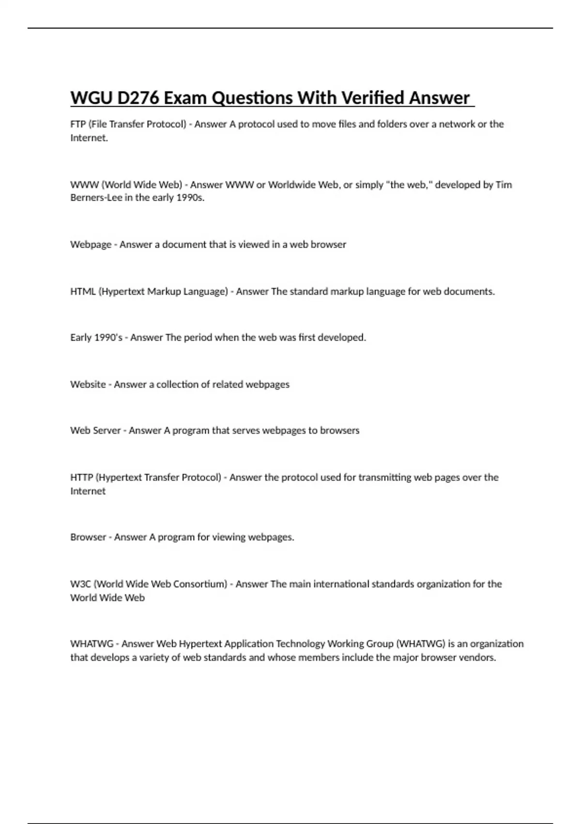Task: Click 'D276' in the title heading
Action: (x=138, y=98)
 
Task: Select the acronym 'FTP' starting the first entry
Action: (x=78, y=124)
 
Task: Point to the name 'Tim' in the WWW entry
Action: (x=504, y=185)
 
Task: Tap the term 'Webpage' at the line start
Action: (x=91, y=245)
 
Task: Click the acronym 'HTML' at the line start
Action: (x=83, y=292)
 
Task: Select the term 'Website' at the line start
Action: (x=88, y=384)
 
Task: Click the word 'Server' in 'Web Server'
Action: (x=107, y=430)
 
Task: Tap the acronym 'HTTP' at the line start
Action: (x=81, y=477)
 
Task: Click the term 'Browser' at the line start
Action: (x=88, y=537)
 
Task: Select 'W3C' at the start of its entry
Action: (x=80, y=584)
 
